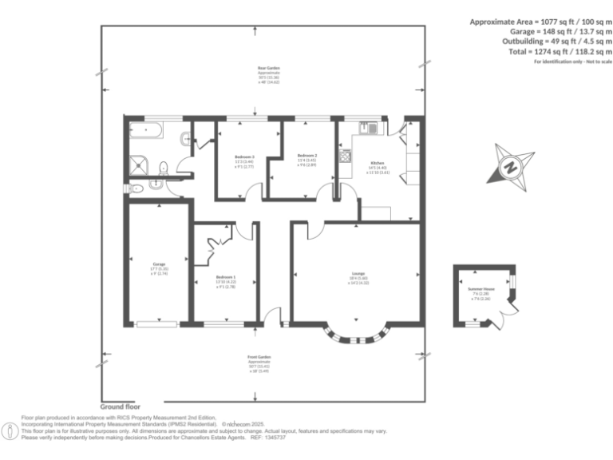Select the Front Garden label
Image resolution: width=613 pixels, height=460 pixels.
click(260, 356)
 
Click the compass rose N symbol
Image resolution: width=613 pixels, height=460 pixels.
click(508, 168)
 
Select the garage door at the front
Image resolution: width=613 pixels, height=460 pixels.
click(156, 323)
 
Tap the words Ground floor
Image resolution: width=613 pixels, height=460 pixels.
click(121, 406)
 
